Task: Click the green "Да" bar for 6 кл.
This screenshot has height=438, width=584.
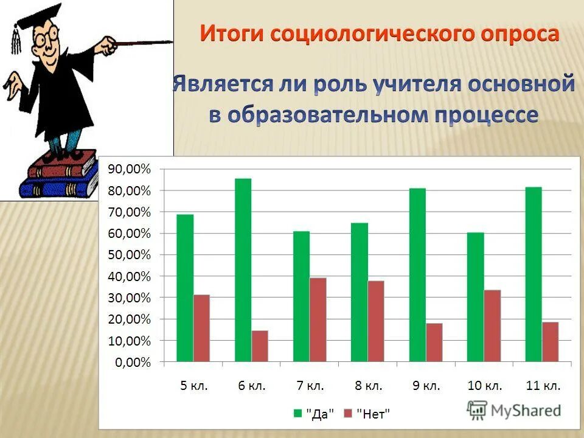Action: tap(243, 270)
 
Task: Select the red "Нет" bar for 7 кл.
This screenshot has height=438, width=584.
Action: tap(318, 320)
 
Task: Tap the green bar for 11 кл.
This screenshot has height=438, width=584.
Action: tap(533, 274)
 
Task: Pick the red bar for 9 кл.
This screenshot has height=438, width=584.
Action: tap(434, 342)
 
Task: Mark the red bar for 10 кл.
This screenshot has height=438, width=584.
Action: tap(492, 326)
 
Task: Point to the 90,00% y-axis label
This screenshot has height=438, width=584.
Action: tap(129, 170)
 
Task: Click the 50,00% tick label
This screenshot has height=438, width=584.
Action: tap(129, 255)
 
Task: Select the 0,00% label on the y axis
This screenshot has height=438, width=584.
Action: tap(132, 363)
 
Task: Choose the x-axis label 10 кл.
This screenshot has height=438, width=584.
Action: tap(485, 386)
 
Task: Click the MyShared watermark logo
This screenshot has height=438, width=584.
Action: tap(514, 410)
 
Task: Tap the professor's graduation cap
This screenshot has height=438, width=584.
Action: tap(36, 18)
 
